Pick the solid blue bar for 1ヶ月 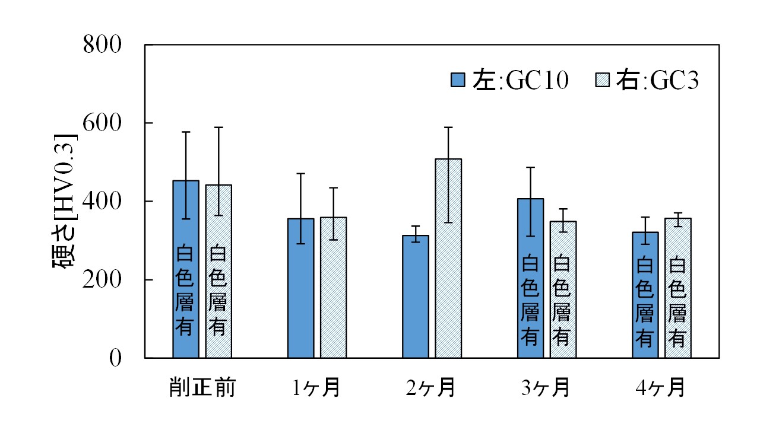[300, 288]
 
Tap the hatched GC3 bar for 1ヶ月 [333, 288]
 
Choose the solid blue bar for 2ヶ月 [415, 297]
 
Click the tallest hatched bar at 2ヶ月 [448, 259]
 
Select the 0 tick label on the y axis [115, 358]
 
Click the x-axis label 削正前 [201, 388]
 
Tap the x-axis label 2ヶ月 [432, 388]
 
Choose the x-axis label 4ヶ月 [661, 388]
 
